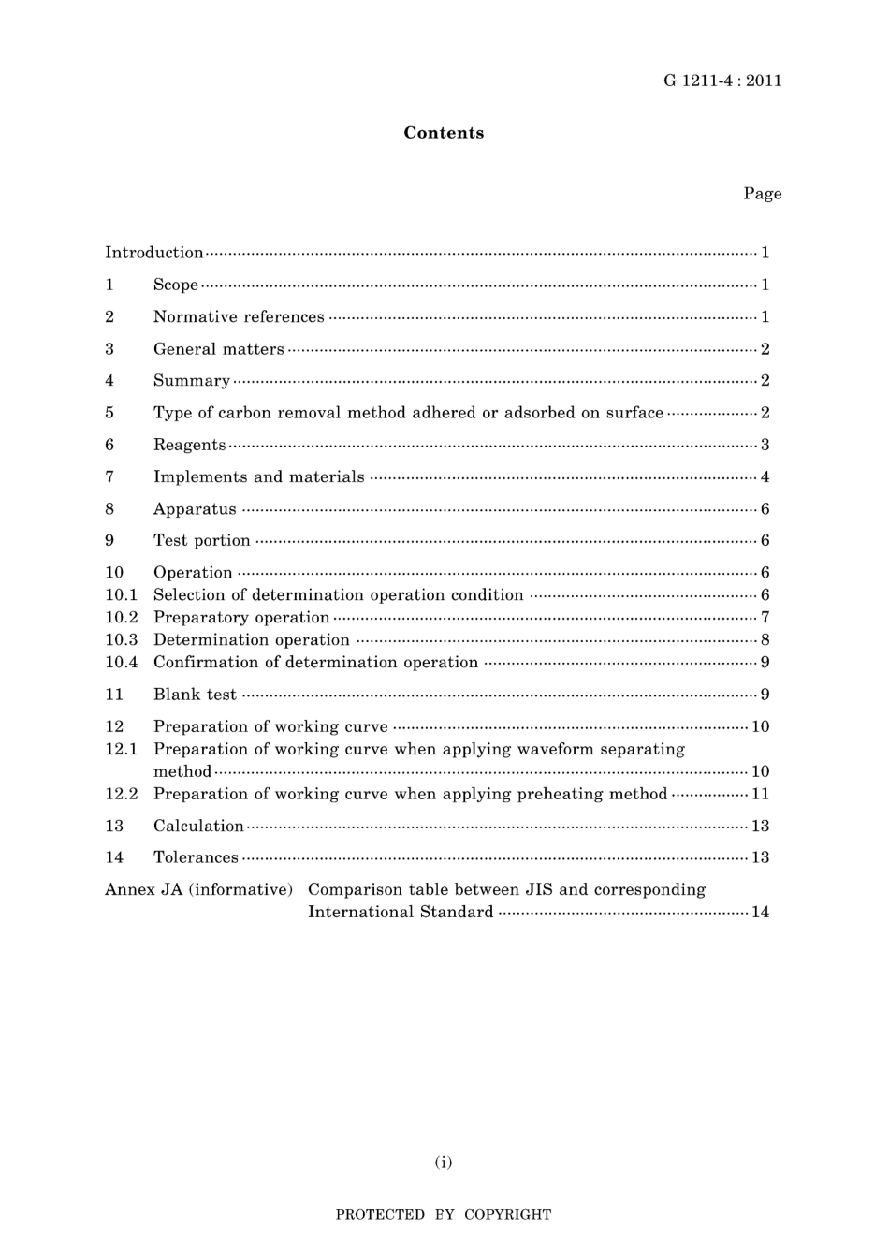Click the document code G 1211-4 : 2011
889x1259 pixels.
point(722,81)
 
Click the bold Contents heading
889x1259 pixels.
point(444,133)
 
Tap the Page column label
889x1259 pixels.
point(762,194)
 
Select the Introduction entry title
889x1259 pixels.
point(153,253)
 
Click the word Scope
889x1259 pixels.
point(176,285)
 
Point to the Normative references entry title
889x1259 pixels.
point(239,317)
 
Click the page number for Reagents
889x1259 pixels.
point(765,445)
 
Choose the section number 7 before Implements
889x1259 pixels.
point(109,477)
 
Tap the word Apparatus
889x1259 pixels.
point(195,509)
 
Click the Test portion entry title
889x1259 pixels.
point(202,541)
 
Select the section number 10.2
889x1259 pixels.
point(122,618)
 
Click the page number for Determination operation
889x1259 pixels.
point(765,640)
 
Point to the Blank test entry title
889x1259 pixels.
point(195,695)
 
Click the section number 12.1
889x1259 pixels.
point(122,749)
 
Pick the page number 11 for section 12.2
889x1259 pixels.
point(760,794)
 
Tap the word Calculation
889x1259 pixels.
point(198,826)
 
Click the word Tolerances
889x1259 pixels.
point(196,857)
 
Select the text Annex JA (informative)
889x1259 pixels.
point(198,889)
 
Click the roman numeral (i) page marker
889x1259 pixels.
point(444,1163)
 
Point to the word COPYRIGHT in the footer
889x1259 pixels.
point(507,1215)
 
